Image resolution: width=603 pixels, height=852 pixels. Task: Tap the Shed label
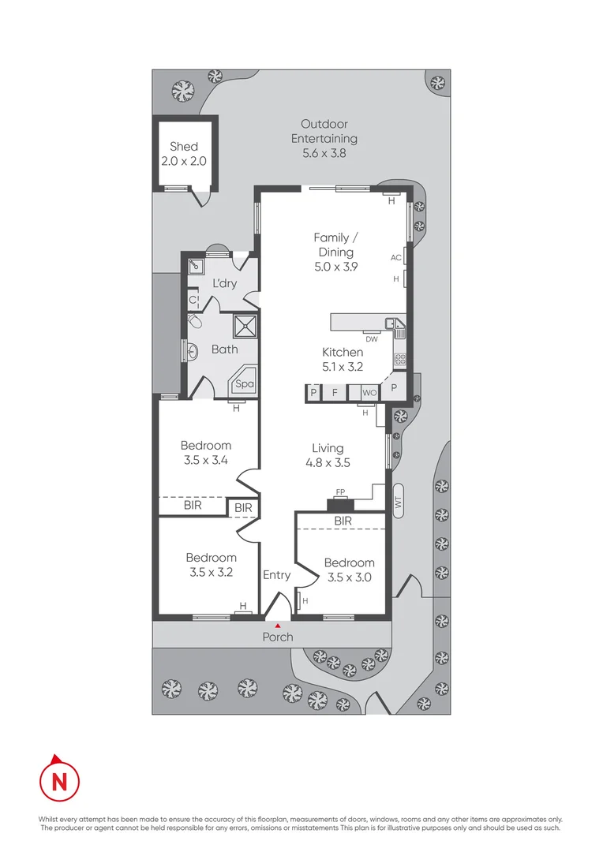tap(184, 153)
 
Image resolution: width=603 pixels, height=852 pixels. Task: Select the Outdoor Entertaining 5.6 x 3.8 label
tap(324, 138)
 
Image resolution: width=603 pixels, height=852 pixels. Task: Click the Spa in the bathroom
tap(245, 383)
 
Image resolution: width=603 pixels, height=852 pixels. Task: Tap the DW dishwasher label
tap(371, 338)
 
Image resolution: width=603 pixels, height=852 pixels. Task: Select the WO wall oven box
tap(369, 392)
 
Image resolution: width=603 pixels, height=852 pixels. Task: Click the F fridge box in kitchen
tap(335, 392)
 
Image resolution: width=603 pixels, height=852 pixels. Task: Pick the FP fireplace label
tap(341, 492)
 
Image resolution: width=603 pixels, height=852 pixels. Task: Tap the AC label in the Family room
tap(396, 257)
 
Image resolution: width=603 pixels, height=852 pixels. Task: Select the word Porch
tap(277, 637)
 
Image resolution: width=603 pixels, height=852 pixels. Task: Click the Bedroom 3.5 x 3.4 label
tap(205, 452)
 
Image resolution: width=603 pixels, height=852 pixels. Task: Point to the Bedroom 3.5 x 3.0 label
tap(349, 570)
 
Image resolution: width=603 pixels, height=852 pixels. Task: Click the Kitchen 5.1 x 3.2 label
tap(343, 359)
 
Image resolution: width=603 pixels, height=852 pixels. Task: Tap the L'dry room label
tap(224, 283)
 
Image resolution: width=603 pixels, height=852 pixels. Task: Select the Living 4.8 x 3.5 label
tap(327, 456)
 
